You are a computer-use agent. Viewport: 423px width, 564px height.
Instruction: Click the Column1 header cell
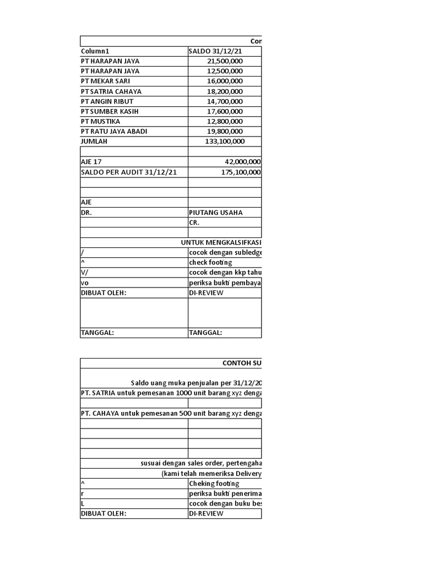95,51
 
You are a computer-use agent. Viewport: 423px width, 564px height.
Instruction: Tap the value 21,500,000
225,61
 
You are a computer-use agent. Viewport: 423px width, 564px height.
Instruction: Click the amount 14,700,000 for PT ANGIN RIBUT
225,101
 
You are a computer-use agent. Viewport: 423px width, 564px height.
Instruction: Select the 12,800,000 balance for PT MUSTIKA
225,121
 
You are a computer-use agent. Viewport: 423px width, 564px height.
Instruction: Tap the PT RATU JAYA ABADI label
114,131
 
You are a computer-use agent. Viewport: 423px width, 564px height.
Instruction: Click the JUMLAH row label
94,141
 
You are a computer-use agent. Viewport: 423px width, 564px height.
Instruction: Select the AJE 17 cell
91,162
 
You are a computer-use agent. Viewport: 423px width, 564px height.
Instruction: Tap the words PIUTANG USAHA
215,212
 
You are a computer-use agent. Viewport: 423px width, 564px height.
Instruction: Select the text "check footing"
210,262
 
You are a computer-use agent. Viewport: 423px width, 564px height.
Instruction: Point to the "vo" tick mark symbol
85,283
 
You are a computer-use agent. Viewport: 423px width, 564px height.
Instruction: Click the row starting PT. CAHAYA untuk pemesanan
171,413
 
